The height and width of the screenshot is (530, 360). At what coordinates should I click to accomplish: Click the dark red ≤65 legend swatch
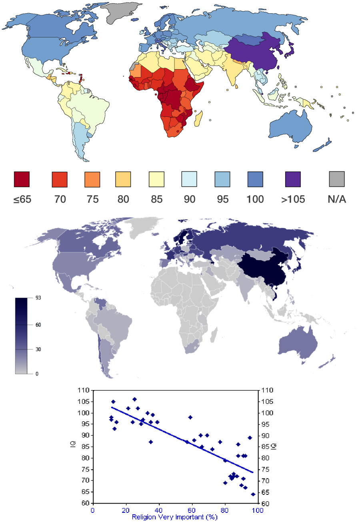(22, 179)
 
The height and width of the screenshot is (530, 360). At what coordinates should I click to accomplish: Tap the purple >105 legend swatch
(293, 179)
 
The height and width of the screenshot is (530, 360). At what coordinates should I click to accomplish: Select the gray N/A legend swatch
(337, 179)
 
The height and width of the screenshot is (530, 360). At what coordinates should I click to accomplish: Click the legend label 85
(157, 199)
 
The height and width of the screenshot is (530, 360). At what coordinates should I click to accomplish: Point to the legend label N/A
(337, 199)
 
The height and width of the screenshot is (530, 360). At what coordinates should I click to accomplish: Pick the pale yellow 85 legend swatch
(156, 179)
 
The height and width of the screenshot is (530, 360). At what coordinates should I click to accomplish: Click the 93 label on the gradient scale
(38, 298)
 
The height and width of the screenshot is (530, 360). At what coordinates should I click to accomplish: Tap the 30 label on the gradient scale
(38, 349)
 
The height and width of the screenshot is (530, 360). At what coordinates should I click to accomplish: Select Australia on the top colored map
(291, 126)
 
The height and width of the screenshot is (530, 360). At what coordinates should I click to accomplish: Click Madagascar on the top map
(198, 119)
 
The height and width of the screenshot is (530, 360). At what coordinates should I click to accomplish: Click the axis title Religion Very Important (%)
(175, 517)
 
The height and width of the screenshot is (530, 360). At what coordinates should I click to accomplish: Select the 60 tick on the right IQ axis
(265, 504)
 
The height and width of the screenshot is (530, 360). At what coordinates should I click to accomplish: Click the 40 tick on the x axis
(158, 510)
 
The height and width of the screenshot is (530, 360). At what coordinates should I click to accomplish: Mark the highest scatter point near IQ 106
(134, 399)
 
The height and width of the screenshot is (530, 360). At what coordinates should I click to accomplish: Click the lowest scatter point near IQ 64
(253, 494)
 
